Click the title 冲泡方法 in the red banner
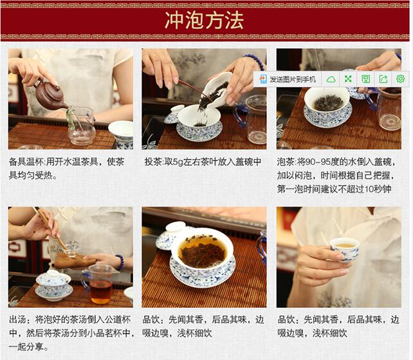(204, 21)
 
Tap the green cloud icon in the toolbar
(331, 79)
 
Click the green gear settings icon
(400, 79)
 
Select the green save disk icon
(365, 79)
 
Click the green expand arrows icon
(348, 79)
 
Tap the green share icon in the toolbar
(383, 79)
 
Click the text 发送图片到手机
(292, 79)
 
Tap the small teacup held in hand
(345, 249)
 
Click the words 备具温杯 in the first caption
(26, 162)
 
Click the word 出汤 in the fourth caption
(17, 319)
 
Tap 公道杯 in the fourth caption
(118, 319)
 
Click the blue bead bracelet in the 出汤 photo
(119, 262)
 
